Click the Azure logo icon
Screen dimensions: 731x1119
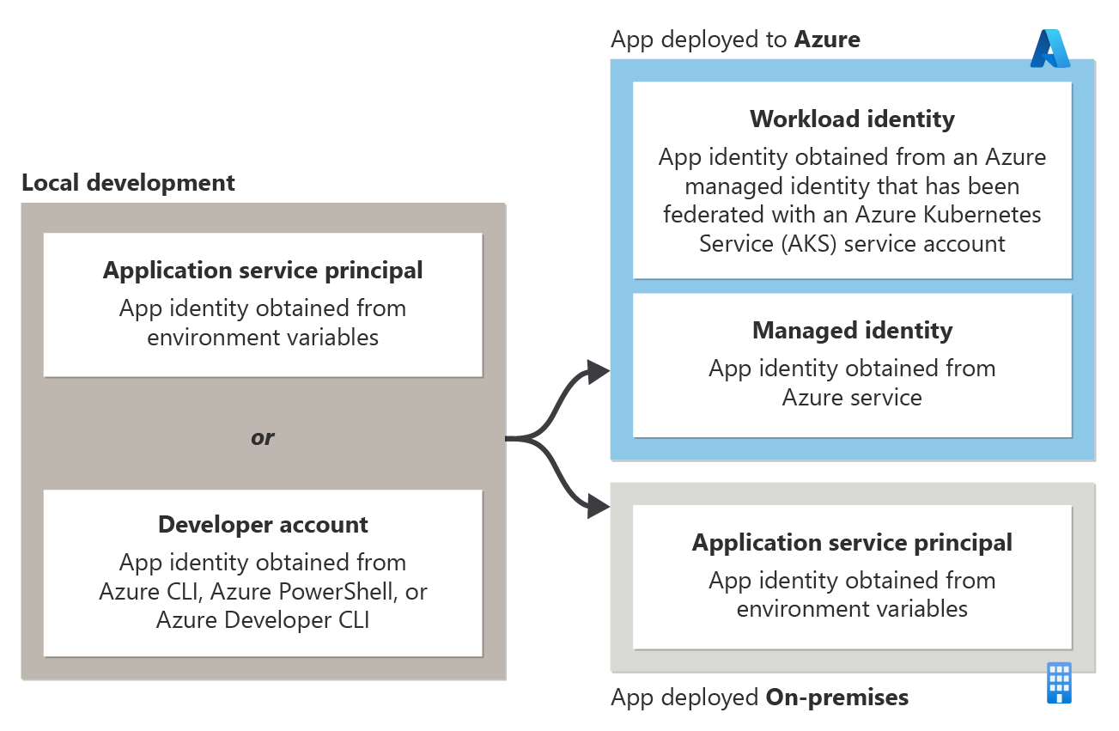click(x=1050, y=48)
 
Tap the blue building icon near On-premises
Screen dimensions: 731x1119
click(x=1059, y=683)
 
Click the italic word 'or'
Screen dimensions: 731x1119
click(x=262, y=437)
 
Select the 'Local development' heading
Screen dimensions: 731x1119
click(x=128, y=183)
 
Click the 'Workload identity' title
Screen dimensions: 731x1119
click(x=852, y=119)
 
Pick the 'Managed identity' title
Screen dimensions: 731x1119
click(x=852, y=331)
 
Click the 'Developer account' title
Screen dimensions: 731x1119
click(x=263, y=525)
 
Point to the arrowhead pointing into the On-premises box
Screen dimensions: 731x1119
click(x=599, y=508)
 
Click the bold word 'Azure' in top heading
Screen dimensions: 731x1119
click(x=827, y=40)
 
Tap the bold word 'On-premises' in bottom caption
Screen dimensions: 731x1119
click(x=836, y=697)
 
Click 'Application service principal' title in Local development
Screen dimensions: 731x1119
click(x=263, y=271)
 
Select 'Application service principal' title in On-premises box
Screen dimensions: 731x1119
click(x=852, y=543)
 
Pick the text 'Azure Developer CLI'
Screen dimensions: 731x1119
click(x=263, y=620)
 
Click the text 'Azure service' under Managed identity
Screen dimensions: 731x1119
click(x=852, y=398)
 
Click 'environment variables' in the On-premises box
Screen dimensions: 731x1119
click(x=852, y=609)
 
